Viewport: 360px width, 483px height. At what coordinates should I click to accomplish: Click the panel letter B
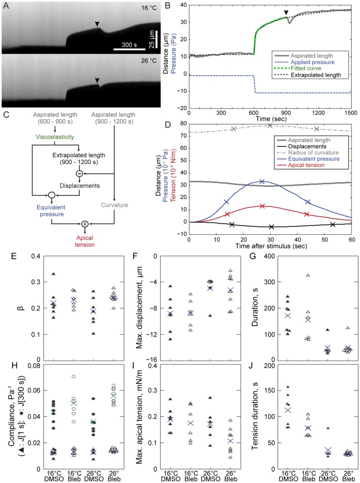tap(167, 7)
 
